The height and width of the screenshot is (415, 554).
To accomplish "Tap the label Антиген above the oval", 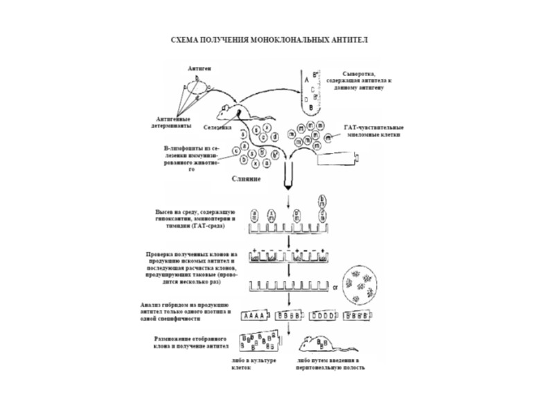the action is click(199, 70).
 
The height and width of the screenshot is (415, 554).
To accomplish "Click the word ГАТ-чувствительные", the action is click(375, 127).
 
